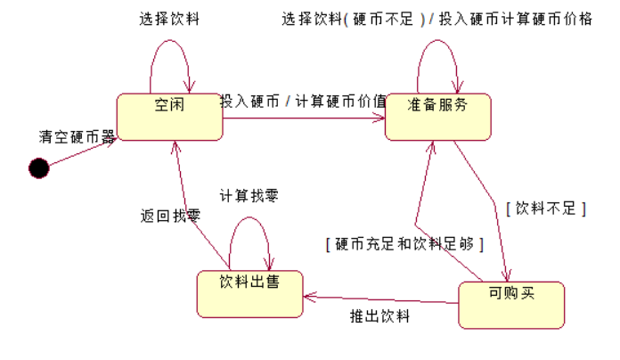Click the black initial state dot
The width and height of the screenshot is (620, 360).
click(38, 167)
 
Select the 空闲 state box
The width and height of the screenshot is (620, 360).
click(169, 115)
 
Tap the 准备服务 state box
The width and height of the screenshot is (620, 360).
click(437, 115)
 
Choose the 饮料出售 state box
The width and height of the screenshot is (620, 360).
click(250, 292)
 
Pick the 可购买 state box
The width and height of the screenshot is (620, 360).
click(511, 304)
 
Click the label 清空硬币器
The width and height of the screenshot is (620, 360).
click(77, 136)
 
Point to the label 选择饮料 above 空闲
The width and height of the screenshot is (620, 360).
click(170, 18)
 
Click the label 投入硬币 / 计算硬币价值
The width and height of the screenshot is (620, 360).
click(303, 101)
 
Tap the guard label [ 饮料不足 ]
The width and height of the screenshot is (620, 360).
click(545, 209)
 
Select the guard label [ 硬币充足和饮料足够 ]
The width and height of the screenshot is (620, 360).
click(404, 242)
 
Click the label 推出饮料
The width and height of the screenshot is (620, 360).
click(379, 315)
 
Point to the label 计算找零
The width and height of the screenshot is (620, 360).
click(249, 195)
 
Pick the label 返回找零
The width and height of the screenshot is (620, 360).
click(170, 215)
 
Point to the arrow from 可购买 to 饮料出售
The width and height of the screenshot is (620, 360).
click(381, 299)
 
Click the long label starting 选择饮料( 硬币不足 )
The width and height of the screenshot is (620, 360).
click(436, 19)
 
